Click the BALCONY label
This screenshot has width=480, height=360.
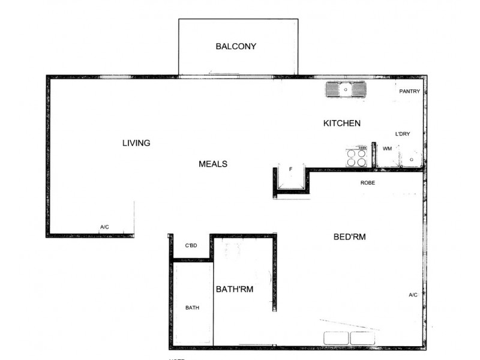coord(236,46)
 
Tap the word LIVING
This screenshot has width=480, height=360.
coord(136,143)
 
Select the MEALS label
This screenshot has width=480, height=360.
coord(213,163)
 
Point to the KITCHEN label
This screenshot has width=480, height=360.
coord(342,123)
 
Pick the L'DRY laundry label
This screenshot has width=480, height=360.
coord(402,134)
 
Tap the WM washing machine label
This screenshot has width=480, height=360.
coord(387,148)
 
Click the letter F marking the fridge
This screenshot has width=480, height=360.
coord(290,169)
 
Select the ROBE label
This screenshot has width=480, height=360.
coord(368,182)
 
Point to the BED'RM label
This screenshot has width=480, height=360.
coord(349,237)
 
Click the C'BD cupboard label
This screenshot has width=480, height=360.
coord(191,245)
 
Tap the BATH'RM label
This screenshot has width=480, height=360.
coord(234,289)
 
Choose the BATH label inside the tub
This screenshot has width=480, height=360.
coord(192,308)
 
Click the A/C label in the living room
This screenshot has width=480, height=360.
coord(104,226)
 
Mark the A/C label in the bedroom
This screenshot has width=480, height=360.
coord(413,295)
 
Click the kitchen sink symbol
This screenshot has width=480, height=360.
coord(346,90)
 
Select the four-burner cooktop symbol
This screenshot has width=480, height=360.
coord(356,157)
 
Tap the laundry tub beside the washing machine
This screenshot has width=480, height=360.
coord(410,158)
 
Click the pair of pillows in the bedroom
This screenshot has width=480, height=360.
coord(350,338)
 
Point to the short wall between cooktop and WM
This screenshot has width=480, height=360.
coord(373,155)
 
